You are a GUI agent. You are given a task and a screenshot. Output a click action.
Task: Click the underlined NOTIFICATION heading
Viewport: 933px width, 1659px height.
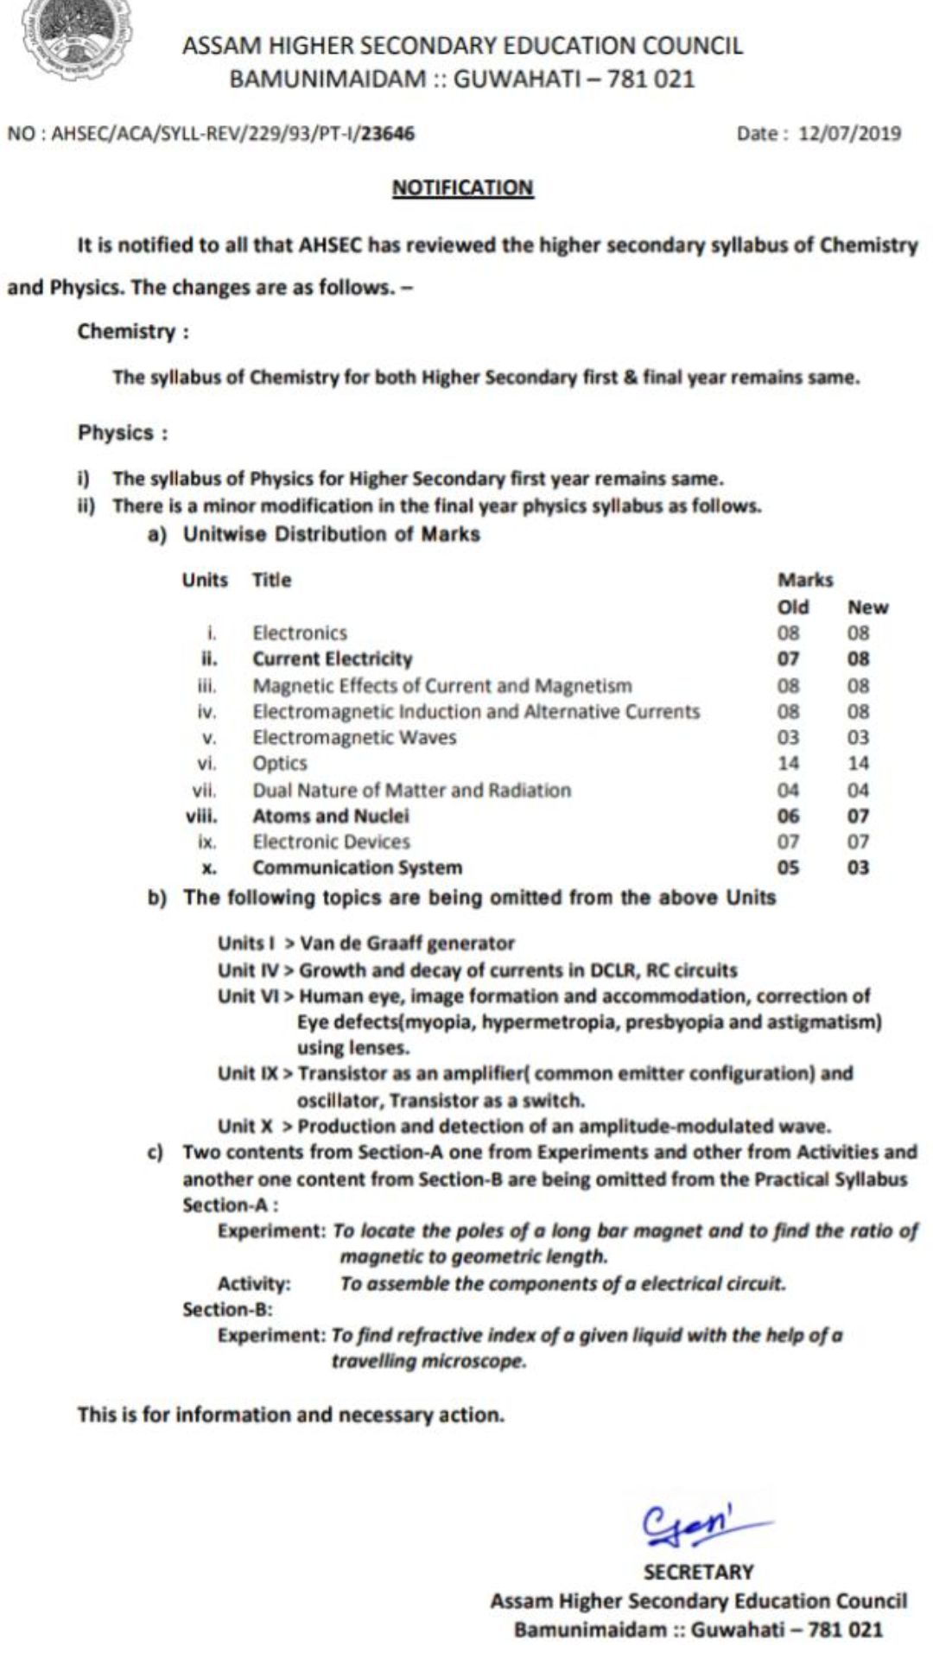463,188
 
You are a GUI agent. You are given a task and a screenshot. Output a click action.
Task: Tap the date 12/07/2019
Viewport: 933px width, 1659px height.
850,133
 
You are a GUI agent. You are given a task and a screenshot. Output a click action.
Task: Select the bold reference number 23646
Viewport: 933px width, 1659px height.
388,133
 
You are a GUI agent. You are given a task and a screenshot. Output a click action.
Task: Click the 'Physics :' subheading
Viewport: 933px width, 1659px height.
123,432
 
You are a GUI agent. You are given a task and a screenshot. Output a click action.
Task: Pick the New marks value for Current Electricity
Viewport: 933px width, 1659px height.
858,659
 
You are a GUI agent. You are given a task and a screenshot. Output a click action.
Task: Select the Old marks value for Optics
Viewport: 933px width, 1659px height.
788,763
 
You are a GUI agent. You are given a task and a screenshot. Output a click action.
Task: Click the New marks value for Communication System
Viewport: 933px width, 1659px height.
858,868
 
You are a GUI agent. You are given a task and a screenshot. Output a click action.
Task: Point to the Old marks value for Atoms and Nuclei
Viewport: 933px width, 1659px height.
788,816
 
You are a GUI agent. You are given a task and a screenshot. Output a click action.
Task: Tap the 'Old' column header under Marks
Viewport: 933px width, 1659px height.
793,607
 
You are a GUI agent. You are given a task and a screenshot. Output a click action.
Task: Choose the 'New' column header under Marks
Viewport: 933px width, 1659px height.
867,607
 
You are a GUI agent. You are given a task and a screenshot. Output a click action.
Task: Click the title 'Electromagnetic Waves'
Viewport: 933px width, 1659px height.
354,737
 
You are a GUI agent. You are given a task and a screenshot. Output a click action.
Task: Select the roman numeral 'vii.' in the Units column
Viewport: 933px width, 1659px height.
205,790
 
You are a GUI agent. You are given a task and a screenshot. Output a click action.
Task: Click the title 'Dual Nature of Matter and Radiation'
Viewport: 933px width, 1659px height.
411,790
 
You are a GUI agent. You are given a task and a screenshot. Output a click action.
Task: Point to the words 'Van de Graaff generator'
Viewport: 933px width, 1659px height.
407,943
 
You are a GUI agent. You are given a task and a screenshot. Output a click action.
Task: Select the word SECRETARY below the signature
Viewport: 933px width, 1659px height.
698,1572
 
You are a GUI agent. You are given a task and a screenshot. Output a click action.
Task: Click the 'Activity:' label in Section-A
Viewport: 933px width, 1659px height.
254,1283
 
